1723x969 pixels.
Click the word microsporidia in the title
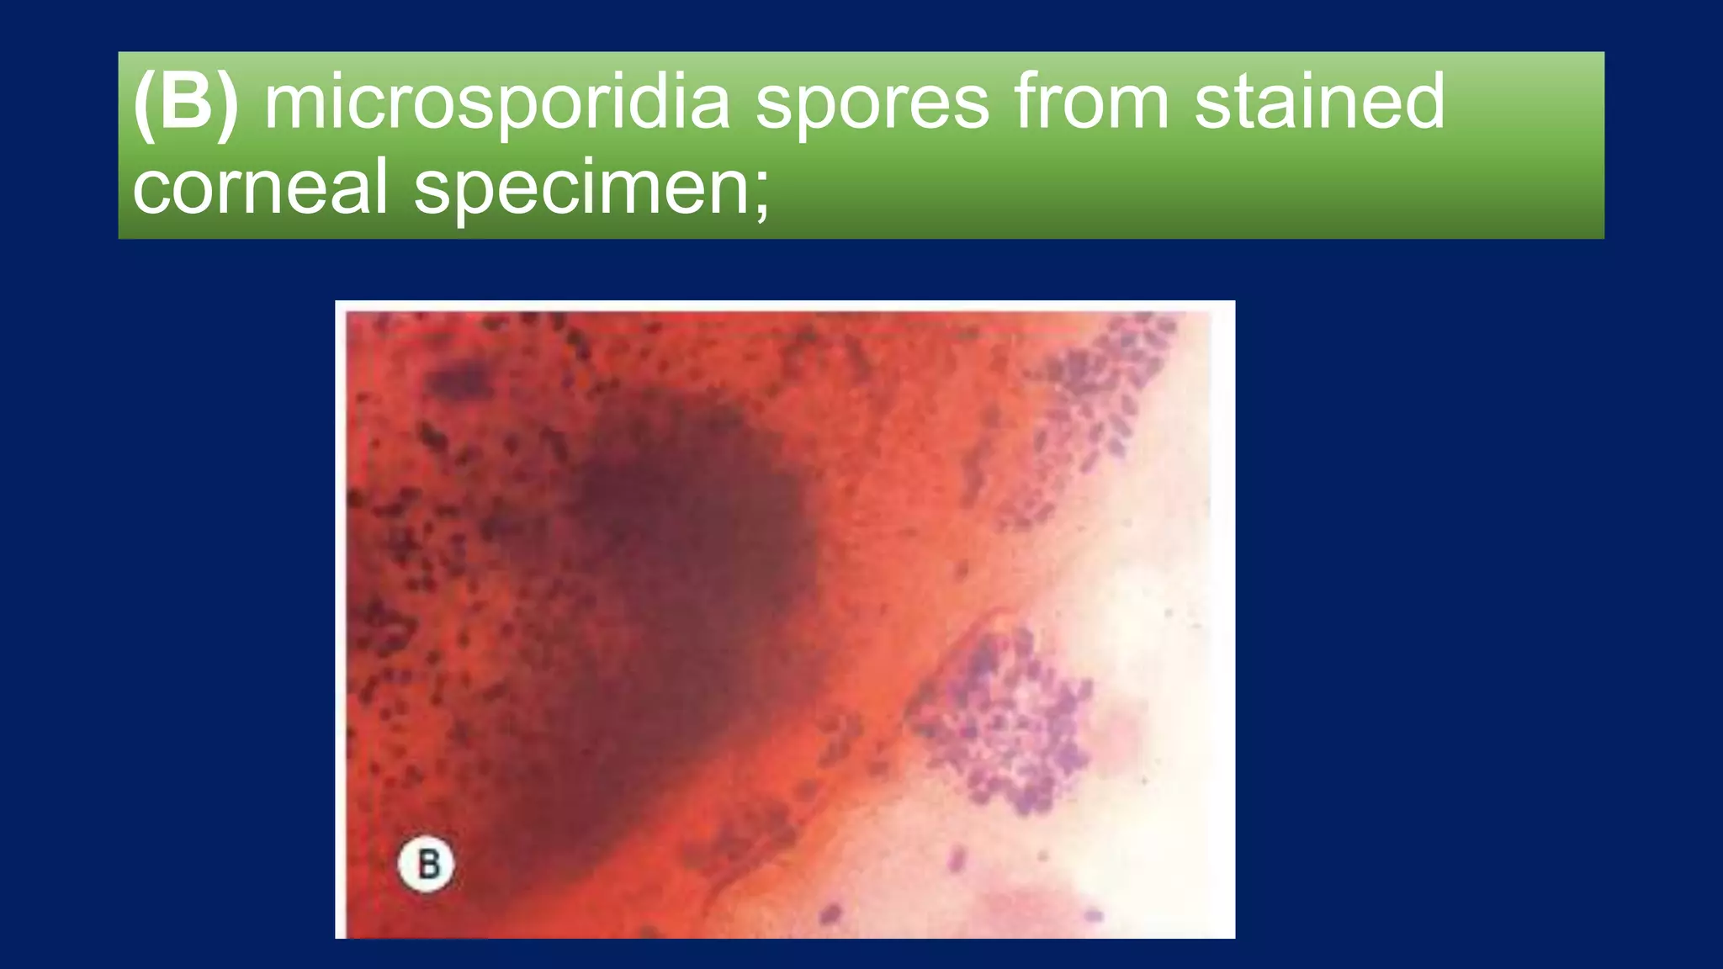click(496, 103)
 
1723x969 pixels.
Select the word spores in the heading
click(872, 103)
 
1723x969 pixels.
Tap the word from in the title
click(1091, 103)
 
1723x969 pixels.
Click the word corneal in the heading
click(260, 187)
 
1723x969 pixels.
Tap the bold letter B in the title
click(186, 103)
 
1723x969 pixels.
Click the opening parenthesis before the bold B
click(145, 104)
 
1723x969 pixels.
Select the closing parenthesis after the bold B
click(227, 104)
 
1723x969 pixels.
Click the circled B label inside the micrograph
click(427, 864)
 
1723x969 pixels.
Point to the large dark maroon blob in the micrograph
click(690, 538)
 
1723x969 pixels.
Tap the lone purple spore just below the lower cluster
click(957, 860)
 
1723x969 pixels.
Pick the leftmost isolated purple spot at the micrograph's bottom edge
click(831, 913)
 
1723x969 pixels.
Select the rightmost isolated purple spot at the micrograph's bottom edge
click(1093, 915)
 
